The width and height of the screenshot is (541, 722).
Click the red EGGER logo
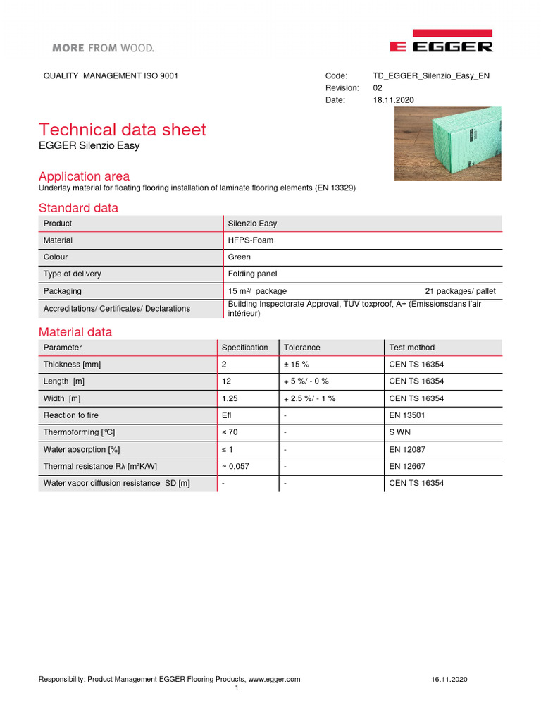(441, 42)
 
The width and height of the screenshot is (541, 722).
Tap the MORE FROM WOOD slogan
(103, 48)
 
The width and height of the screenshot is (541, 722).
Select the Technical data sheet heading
(123, 130)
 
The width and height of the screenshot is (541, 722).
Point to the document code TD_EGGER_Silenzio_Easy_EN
(431, 75)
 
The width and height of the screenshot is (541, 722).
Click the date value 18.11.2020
(393, 100)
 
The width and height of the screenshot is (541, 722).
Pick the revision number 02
(378, 88)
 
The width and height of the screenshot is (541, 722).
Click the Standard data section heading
(78, 208)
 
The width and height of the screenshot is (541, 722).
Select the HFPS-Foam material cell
(251, 240)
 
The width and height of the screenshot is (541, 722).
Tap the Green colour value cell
(240, 257)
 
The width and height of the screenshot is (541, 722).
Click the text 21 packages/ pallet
(460, 291)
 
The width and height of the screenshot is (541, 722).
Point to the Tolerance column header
(301, 348)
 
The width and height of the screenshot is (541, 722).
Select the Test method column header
(411, 348)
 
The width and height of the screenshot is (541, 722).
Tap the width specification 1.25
(230, 398)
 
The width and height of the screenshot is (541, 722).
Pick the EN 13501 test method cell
(406, 415)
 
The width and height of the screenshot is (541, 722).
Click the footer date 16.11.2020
(449, 679)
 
